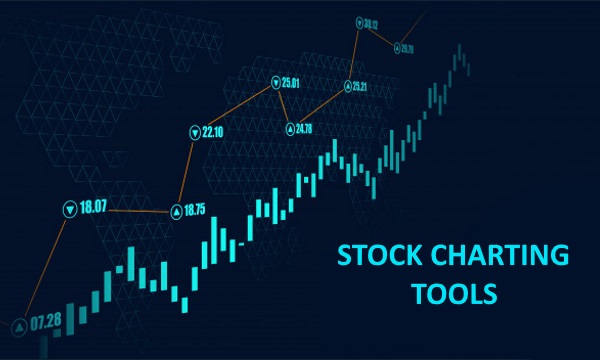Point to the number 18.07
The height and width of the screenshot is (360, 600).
(94, 208)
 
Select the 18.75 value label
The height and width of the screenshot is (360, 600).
(194, 210)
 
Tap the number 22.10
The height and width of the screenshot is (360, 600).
(213, 131)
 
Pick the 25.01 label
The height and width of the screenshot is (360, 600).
(291, 82)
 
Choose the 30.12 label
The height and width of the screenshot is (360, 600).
(371, 22)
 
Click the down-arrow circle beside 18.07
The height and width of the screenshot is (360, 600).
(69, 209)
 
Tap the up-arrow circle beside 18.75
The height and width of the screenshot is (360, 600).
(176, 211)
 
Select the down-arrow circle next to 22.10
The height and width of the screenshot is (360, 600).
(194, 132)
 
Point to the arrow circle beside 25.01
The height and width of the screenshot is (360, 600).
(275, 83)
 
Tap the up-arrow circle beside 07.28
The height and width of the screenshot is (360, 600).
(19, 326)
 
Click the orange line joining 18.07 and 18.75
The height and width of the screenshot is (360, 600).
(130, 210)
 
